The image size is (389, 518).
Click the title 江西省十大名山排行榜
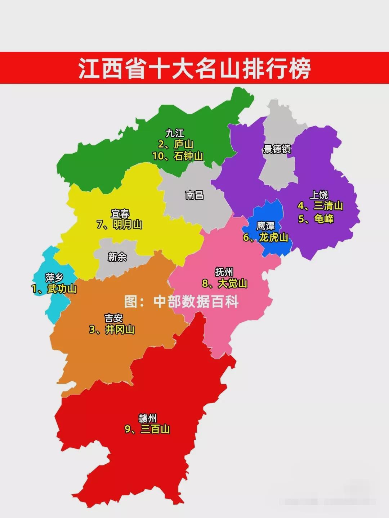coord(194,68)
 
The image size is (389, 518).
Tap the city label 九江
coord(175,133)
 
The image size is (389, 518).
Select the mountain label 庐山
coord(183,145)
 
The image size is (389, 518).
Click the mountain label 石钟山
coord(188,156)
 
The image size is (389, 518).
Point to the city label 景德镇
coord(277,149)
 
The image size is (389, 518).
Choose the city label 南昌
coord(194,195)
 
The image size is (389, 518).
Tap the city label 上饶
coord(319,195)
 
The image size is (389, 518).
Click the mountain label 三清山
coord(328,206)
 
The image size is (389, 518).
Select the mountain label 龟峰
coord(324,219)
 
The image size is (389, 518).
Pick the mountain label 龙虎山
coord(273,237)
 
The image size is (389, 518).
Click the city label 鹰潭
coord(266,226)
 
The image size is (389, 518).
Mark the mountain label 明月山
coord(127,224)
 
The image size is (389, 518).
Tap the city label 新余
coord(117,257)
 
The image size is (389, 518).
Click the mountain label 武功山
coord(62,289)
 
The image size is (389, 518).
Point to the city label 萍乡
coord(54,278)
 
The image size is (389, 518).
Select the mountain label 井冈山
coord(120,330)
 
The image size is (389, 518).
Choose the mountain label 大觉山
coord(232,283)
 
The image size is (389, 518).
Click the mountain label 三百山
coord(155,429)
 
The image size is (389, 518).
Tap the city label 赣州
coord(148,418)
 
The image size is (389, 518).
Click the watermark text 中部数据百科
coord(196,302)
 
